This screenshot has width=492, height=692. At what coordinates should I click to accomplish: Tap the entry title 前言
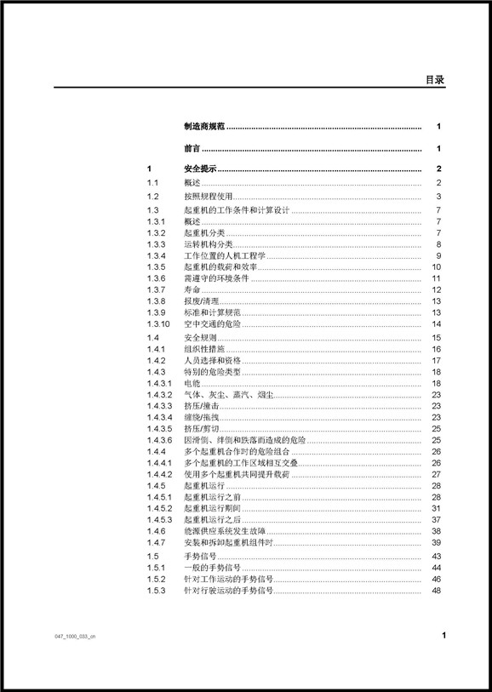[x=192, y=149]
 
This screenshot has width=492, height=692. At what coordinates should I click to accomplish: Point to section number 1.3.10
[x=158, y=324]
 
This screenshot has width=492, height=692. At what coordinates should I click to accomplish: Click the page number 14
[x=435, y=324]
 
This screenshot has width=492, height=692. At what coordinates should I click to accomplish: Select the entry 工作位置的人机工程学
[x=224, y=255]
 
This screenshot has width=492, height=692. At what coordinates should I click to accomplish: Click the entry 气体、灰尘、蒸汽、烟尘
[x=227, y=395]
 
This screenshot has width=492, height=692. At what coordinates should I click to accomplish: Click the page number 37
[x=435, y=519]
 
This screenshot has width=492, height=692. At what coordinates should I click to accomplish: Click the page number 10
[x=435, y=266]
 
